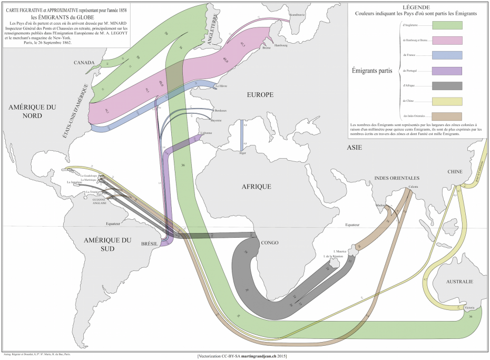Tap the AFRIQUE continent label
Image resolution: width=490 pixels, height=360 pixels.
[257, 187]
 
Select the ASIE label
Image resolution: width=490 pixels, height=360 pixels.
[354, 148]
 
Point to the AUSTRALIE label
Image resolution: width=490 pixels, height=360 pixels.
[459, 282]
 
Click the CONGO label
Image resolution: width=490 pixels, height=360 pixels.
[269, 243]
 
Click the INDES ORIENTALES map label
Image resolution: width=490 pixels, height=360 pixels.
[397, 178]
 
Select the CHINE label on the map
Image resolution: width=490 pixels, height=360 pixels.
[455, 172]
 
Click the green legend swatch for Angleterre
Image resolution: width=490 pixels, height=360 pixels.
[447, 25]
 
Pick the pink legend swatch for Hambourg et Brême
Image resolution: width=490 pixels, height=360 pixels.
[447, 40]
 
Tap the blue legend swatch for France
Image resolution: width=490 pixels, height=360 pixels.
[447, 55]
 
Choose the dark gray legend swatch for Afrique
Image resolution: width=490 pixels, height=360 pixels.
[447, 86]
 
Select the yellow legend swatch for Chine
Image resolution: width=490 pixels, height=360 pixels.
[447, 101]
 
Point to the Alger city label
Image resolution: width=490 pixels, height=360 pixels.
[242, 153]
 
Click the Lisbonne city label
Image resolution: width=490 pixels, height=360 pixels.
[205, 133]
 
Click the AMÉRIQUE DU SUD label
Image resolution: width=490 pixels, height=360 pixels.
[107, 245]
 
